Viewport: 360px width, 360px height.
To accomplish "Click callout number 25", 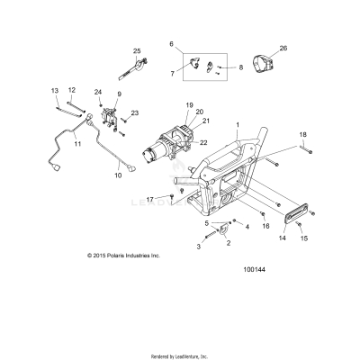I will [138, 50].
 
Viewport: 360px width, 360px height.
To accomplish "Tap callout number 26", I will [283, 48].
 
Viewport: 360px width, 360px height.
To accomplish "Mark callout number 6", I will [170, 43].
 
